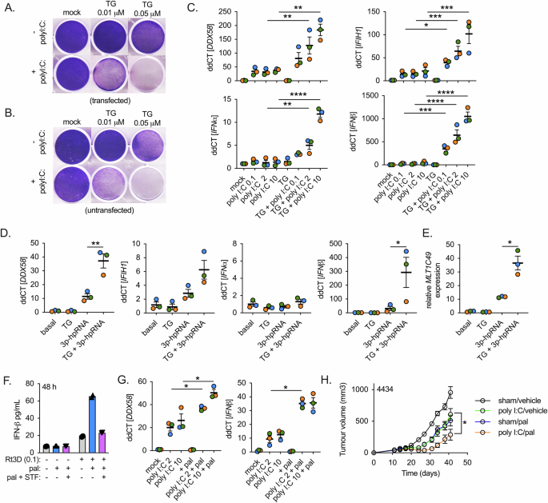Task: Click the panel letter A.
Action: pos(7,6)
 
